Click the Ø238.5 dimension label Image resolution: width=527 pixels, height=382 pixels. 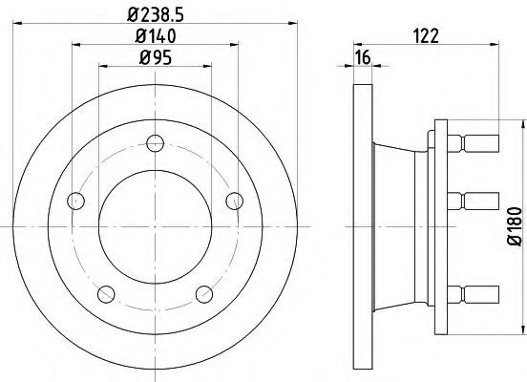(x=156, y=14)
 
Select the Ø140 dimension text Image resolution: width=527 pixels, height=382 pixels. (x=156, y=36)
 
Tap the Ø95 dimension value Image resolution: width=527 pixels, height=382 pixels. (x=156, y=57)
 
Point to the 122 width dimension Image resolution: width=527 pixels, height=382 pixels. (x=426, y=36)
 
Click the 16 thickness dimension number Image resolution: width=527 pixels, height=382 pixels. (x=363, y=57)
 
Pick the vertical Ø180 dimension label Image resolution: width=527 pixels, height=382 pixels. (x=515, y=226)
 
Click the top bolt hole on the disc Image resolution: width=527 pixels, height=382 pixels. (x=156, y=143)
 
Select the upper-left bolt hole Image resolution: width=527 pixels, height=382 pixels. (x=76, y=202)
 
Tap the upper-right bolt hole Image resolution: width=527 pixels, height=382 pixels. (x=234, y=202)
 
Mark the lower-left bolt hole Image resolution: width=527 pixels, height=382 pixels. (x=106, y=294)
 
